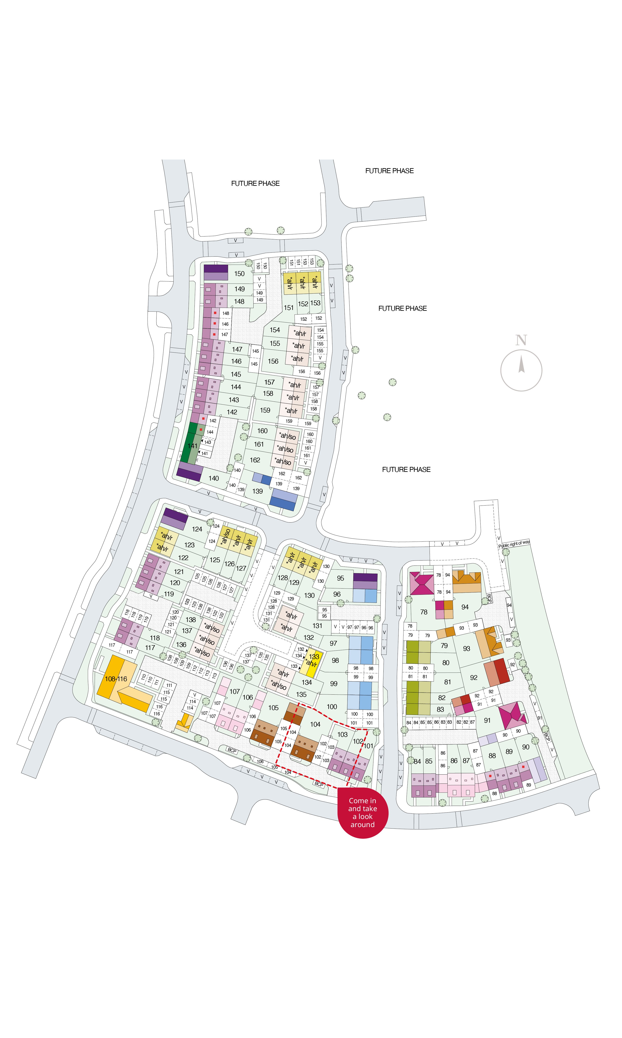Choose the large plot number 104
315,724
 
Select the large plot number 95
340,578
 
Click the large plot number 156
273,361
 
